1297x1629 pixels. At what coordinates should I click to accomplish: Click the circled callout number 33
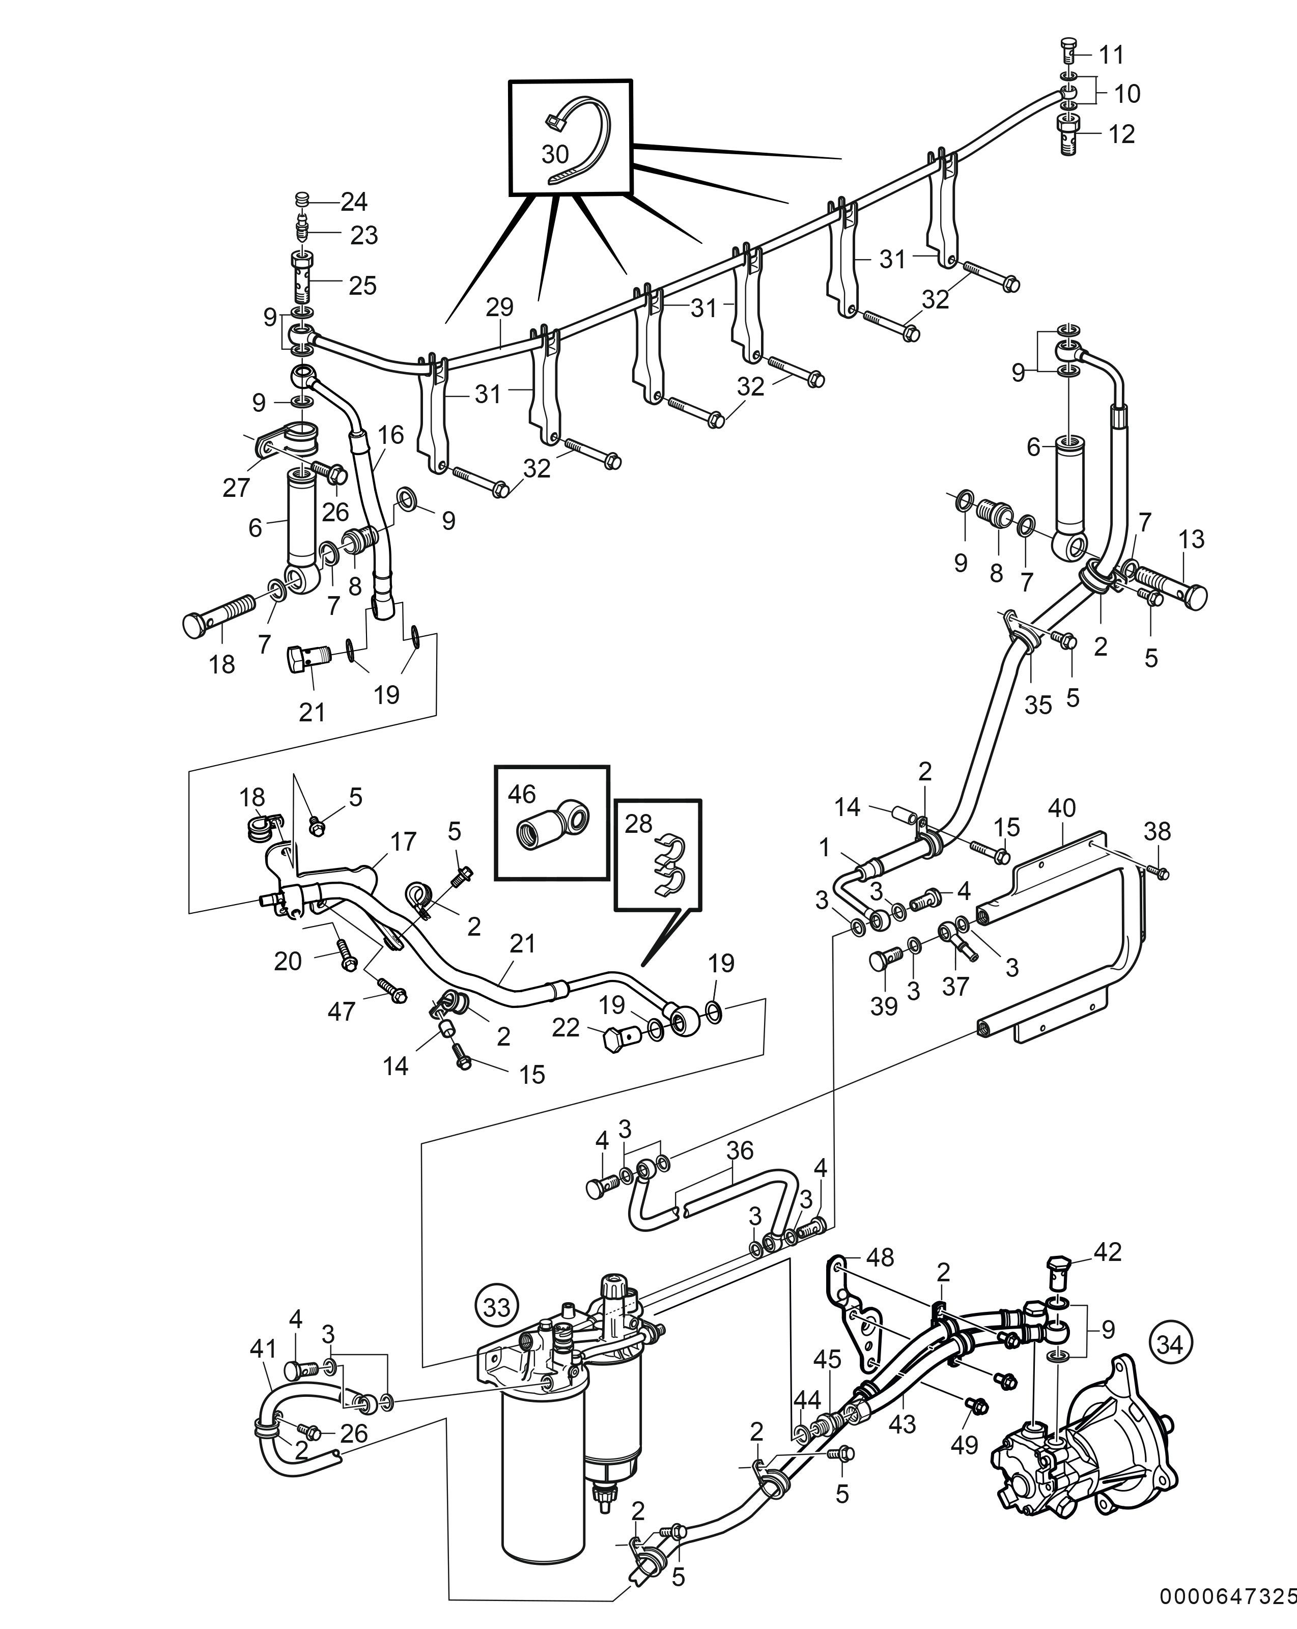coord(497,1306)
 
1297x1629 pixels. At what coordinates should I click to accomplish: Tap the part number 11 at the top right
coord(1111,54)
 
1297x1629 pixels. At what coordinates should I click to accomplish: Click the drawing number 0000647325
coord(1227,1612)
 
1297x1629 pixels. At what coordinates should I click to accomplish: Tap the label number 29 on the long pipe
coord(499,307)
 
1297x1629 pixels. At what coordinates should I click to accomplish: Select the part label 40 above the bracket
coord(1061,808)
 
